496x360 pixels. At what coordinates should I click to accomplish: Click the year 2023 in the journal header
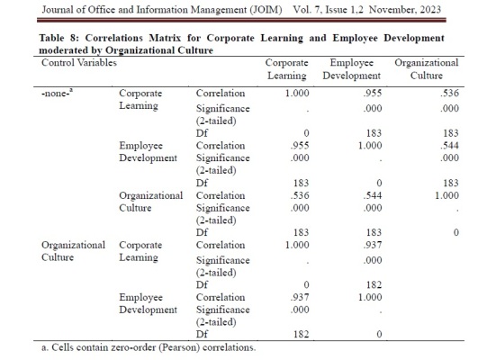click(430, 10)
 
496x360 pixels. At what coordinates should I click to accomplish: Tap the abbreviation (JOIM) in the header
click(266, 10)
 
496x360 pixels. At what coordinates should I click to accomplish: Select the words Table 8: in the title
click(59, 38)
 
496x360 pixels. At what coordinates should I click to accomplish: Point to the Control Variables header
click(79, 63)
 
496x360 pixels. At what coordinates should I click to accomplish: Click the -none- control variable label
click(57, 94)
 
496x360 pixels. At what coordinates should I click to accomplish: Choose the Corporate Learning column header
click(287, 69)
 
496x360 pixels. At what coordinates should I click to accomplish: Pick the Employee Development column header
click(352, 69)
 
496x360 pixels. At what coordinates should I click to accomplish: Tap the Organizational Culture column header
click(427, 69)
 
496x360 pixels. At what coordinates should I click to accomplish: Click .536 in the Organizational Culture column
click(450, 93)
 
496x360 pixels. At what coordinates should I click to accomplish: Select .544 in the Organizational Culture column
click(450, 146)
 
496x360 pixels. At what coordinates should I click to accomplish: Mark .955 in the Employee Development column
click(373, 93)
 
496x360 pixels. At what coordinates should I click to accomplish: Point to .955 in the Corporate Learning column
click(300, 146)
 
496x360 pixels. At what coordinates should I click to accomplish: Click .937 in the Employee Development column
click(373, 245)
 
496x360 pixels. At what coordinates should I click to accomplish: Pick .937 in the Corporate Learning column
click(300, 297)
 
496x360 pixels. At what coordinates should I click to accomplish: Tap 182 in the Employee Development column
click(374, 285)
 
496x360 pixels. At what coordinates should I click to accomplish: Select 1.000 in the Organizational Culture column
click(446, 195)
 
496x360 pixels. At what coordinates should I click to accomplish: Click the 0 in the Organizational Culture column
click(455, 232)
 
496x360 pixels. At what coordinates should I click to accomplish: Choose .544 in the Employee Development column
click(373, 195)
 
